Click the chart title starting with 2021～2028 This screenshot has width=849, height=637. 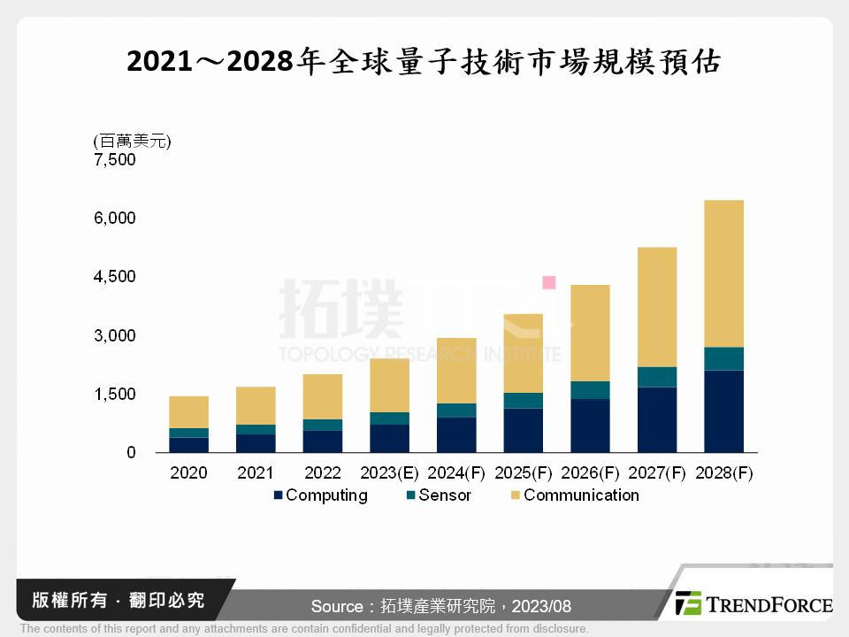pyautogui.click(x=424, y=61)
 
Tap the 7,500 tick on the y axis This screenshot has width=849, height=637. pyautogui.click(x=114, y=160)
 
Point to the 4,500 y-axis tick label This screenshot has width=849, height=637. pyautogui.click(x=114, y=277)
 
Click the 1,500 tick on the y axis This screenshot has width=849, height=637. pyautogui.click(x=114, y=394)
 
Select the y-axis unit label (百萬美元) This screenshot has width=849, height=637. pyautogui.click(x=132, y=141)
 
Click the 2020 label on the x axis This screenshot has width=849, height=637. pyautogui.click(x=188, y=473)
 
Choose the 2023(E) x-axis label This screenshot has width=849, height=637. pyautogui.click(x=390, y=473)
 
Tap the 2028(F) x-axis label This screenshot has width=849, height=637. pyautogui.click(x=724, y=473)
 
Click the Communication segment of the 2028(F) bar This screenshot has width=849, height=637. pyautogui.click(x=723, y=273)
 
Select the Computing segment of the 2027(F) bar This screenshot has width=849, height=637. pyautogui.click(x=656, y=420)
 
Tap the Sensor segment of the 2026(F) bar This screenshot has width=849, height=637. pyautogui.click(x=589, y=390)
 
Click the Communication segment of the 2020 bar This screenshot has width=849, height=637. pyautogui.click(x=188, y=412)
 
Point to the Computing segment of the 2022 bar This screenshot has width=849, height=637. pyautogui.click(x=323, y=441)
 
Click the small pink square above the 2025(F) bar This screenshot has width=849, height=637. pyautogui.click(x=549, y=283)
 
